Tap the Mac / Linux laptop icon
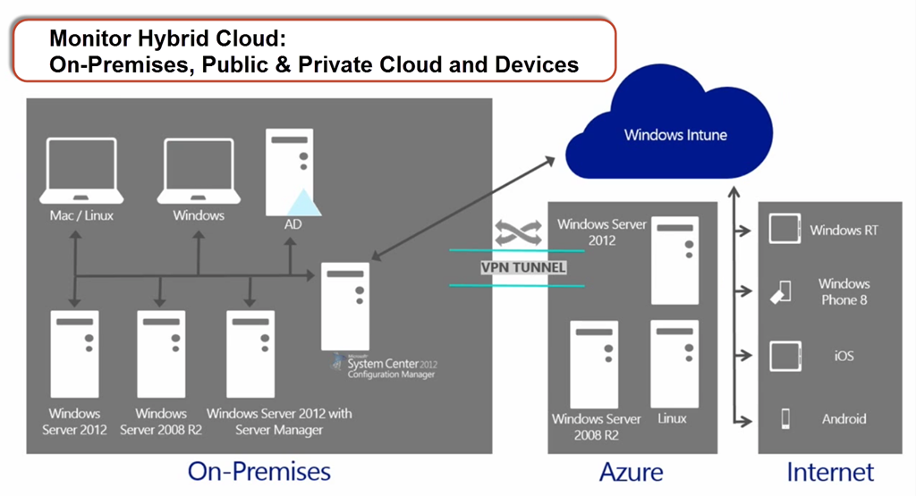tap(81, 171)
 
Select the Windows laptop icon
tap(199, 171)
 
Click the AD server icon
tap(291, 172)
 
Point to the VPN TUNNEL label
tap(523, 268)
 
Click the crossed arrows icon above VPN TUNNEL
tap(518, 233)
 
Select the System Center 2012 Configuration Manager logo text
tap(386, 366)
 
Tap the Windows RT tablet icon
tap(785, 229)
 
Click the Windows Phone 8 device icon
tap(780, 291)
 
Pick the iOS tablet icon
tap(785, 356)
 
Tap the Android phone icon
tap(785, 418)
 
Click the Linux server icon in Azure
tap(674, 364)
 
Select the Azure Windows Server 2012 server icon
tap(674, 260)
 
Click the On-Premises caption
tap(259, 472)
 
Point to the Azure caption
tap(631, 472)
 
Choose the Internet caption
tap(830, 472)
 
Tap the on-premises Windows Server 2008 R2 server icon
tap(161, 354)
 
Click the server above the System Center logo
tap(345, 307)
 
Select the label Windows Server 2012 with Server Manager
tap(279, 421)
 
